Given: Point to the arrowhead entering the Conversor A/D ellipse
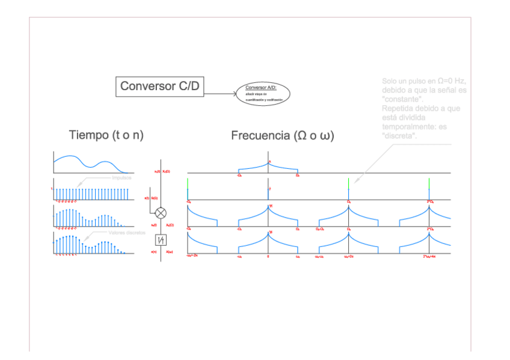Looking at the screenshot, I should [234, 94].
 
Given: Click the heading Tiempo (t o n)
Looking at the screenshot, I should [106, 134].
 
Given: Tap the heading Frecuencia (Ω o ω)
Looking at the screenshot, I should [282, 136].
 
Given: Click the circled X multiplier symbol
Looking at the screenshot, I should [161, 213].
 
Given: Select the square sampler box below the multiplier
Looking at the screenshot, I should [161, 240].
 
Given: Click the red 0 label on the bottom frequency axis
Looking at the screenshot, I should [268, 257].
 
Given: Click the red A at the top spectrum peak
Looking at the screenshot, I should [270, 162].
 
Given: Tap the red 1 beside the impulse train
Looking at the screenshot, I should [52, 189].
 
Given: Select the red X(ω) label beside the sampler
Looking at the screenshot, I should [171, 252].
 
